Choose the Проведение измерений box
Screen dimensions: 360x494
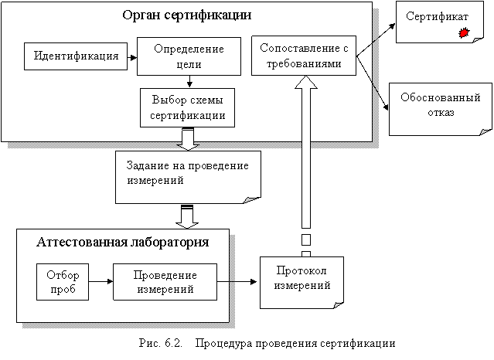coord(165,281)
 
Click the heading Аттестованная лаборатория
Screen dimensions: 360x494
coord(123,242)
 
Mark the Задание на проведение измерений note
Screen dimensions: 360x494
coord(186,174)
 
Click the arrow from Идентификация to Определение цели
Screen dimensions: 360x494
coord(132,56)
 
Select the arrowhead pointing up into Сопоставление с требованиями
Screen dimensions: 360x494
coord(304,86)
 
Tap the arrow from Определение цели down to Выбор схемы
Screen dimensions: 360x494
coord(189,82)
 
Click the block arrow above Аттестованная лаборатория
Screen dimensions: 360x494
coord(186,216)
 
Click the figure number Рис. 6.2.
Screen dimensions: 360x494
coord(161,342)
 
